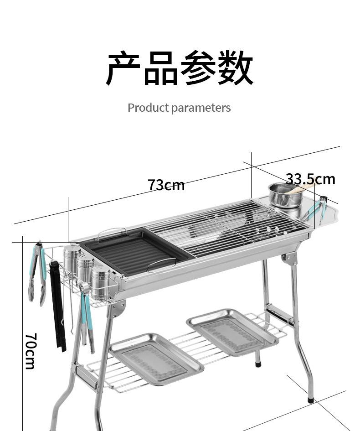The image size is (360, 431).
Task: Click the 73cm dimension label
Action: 166,185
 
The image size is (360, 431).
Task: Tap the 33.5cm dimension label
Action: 311,179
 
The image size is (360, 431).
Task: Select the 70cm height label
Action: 31,351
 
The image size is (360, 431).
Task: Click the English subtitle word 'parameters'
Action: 201,108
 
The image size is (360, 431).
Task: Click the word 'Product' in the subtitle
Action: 148,107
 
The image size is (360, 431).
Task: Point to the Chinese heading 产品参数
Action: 180,68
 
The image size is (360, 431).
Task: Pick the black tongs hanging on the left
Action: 58,306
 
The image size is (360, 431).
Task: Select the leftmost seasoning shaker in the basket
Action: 72,260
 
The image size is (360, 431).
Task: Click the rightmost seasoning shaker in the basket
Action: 101,282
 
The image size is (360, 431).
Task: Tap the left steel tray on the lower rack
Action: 157,358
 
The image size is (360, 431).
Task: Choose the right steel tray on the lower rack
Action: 232,332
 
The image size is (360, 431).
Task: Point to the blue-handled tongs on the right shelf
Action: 316,209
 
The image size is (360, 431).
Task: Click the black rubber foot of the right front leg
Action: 311,400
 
